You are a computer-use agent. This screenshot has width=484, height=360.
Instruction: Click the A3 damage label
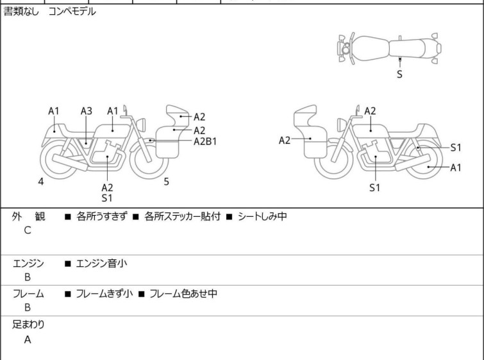(x=87, y=111)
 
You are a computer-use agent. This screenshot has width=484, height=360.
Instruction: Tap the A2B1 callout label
(x=205, y=142)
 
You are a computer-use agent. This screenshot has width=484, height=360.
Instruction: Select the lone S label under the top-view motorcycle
(x=400, y=74)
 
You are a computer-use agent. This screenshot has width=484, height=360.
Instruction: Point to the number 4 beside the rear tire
(x=41, y=182)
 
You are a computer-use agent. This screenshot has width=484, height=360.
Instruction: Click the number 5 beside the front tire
(x=167, y=182)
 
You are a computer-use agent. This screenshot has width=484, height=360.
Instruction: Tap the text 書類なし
(x=21, y=12)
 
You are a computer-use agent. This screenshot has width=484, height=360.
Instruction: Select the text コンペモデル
(x=72, y=12)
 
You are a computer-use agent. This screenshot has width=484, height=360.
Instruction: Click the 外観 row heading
(x=28, y=216)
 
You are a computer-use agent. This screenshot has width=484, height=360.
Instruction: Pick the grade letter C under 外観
(x=28, y=230)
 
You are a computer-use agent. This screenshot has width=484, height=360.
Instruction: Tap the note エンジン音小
(x=101, y=264)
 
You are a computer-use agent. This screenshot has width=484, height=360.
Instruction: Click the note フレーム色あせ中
(x=183, y=293)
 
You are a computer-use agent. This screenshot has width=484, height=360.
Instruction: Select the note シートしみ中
(x=262, y=216)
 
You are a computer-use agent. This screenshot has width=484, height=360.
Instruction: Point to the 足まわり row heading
(x=28, y=325)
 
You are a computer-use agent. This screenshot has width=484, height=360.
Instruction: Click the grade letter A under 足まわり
(x=28, y=340)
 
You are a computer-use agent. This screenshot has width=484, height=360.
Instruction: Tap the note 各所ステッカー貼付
(x=183, y=216)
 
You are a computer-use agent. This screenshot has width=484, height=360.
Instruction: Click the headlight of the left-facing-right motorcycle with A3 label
(x=141, y=125)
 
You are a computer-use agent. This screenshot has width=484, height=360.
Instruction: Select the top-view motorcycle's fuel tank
(x=369, y=49)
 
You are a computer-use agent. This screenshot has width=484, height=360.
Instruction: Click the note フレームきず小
(x=104, y=293)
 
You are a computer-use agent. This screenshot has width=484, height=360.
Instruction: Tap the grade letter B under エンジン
(x=28, y=277)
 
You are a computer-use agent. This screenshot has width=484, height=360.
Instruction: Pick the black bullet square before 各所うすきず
(x=68, y=217)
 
